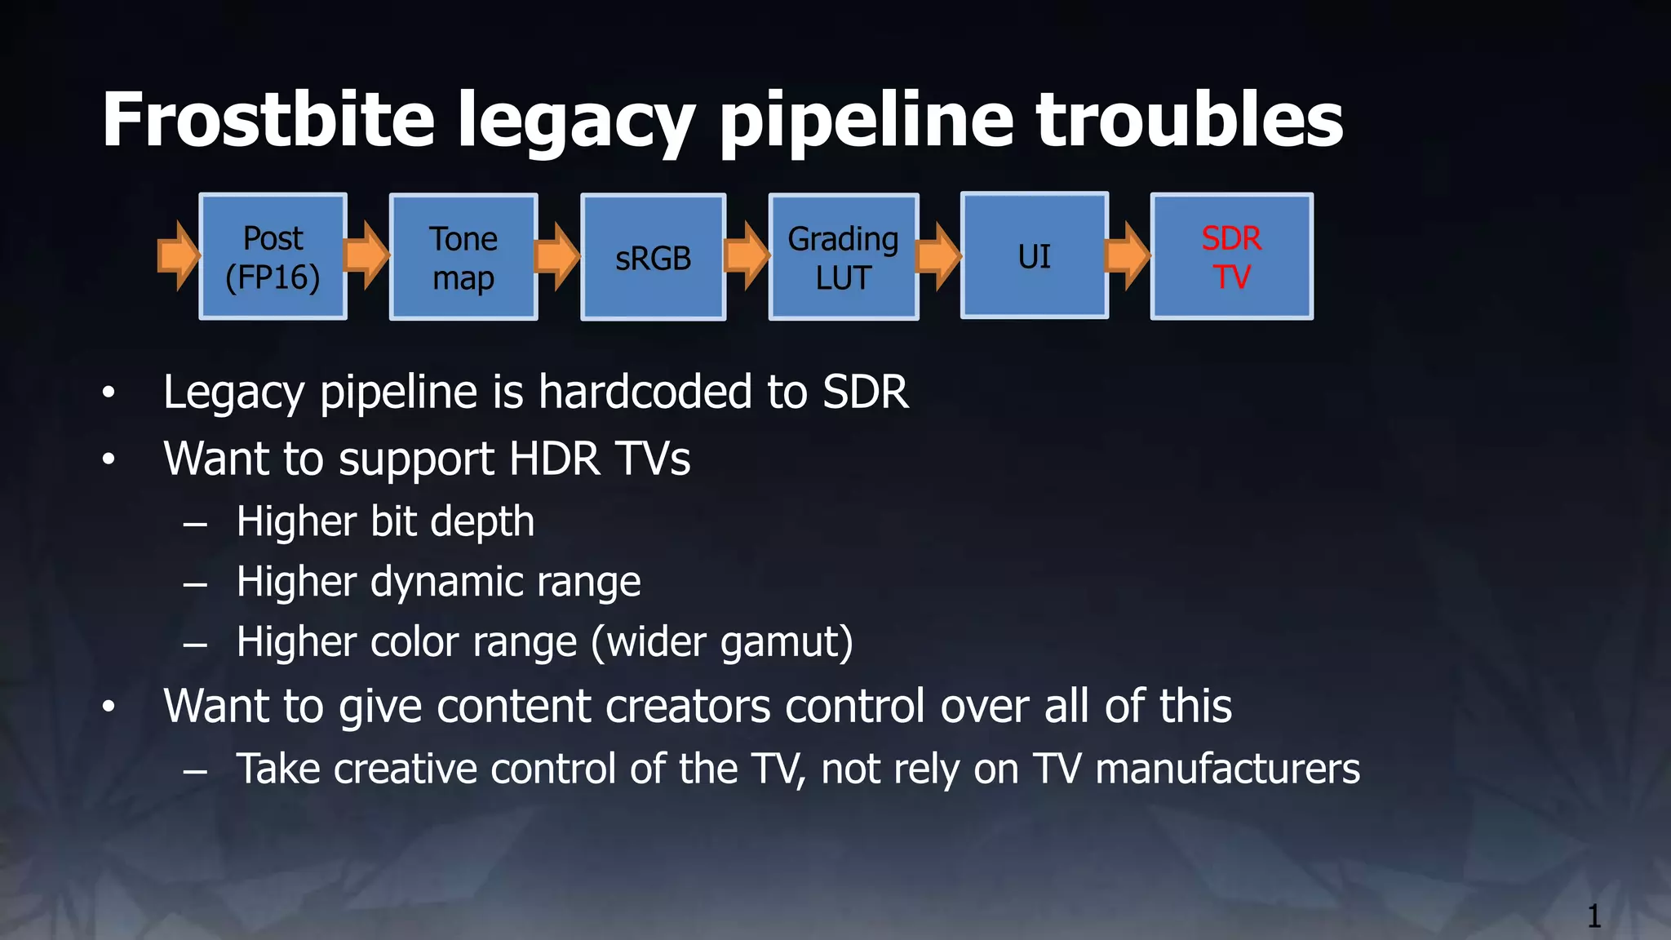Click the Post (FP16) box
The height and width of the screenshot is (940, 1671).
pos(273,257)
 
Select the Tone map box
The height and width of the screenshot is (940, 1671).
pos(463,257)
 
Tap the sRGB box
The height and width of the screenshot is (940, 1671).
pos(653,257)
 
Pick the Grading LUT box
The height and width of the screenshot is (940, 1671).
pos(844,257)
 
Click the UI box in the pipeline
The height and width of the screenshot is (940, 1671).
pos(1034,256)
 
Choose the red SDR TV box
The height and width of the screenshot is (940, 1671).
pos(1231,256)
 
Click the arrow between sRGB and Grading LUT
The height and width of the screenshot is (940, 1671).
pos(747,255)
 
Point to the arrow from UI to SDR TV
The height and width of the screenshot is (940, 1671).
pos(1128,255)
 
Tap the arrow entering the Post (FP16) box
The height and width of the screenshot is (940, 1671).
pos(178,255)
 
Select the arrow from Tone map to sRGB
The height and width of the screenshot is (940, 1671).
pos(557,255)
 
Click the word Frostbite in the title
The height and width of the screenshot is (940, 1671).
pos(268,120)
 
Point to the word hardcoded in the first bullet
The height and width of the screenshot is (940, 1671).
pos(645,392)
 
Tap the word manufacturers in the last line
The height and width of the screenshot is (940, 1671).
pos(1227,769)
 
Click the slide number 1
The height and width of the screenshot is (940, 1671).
pos(1593,916)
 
